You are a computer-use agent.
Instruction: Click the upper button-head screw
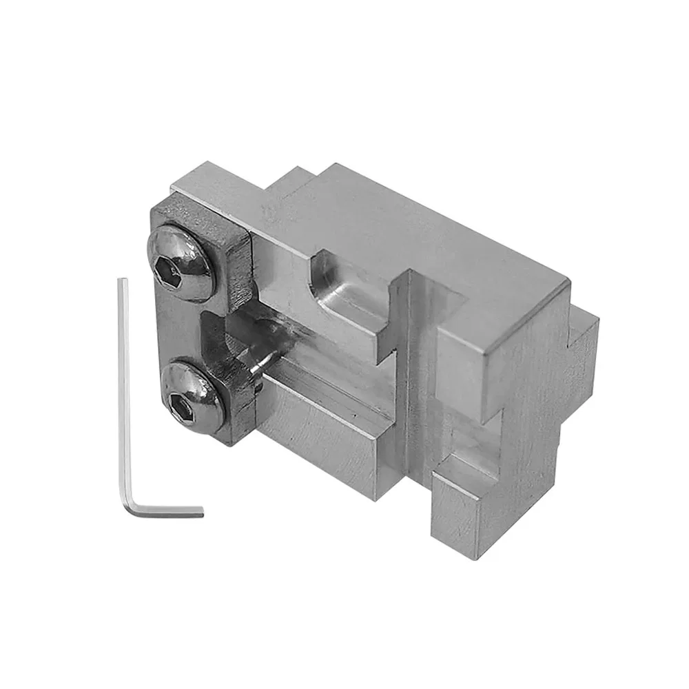pos(178,264)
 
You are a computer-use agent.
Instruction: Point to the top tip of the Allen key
pos(123,280)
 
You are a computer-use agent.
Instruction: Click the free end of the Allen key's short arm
pos(201,513)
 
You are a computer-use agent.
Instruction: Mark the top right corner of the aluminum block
pos(568,282)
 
